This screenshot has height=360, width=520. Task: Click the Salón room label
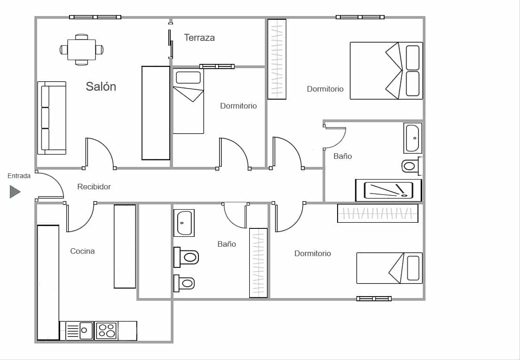coord(101,86)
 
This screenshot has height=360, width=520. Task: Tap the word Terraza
coord(199,38)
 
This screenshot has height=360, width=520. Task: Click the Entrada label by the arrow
coord(19,176)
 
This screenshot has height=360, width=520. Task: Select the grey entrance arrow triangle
coord(15,192)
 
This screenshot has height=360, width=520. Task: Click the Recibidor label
coord(94,187)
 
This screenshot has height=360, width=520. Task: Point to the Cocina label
coord(82,251)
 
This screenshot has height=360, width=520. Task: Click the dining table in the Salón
coord(81,49)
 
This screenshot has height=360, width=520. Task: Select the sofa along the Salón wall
coord(52,118)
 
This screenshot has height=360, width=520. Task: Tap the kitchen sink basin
coord(86,330)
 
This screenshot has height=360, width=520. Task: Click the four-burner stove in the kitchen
coord(106,330)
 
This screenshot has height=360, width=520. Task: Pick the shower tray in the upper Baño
coord(388,190)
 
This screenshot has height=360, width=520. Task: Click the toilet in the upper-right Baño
coord(411,166)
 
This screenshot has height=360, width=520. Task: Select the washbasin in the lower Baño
coord(184,223)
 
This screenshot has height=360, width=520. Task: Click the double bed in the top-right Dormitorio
coord(386,71)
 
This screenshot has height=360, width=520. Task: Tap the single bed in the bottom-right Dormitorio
coord(389,268)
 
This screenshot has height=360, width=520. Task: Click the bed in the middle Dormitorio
coord(188,101)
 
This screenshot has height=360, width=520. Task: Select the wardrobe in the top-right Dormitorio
coord(277,59)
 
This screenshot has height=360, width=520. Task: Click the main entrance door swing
coord(50,185)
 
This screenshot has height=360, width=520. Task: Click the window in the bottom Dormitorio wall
coord(374,298)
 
